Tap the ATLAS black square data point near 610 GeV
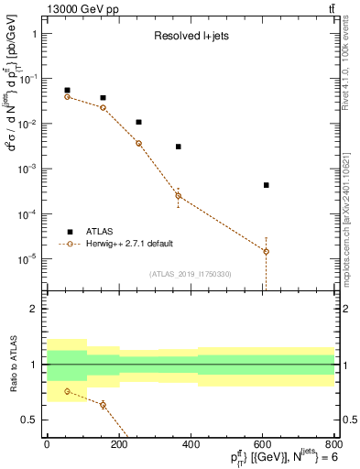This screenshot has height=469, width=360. [266, 185]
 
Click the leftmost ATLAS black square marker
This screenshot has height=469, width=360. [67, 91]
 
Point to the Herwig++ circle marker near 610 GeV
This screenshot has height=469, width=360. [266, 251]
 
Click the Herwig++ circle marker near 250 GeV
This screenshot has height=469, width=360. [138, 144]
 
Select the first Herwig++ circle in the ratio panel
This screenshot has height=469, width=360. [67, 391]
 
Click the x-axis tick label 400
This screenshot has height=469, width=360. [191, 444]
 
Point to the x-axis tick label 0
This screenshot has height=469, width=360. [46, 444]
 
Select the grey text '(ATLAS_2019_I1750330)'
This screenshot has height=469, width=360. [190, 274]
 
